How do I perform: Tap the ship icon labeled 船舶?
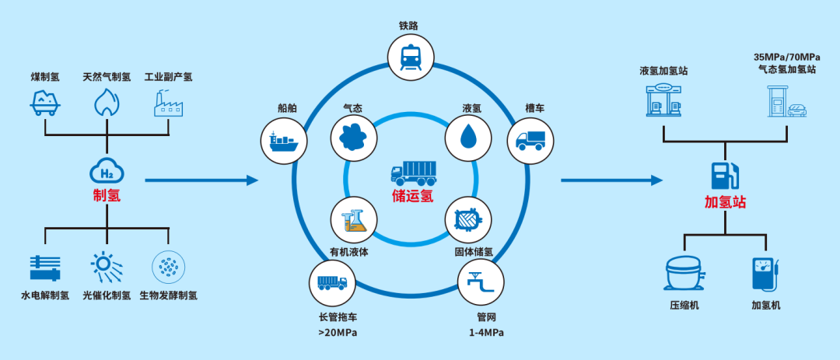click(x=282, y=141)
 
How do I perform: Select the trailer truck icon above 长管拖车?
click(x=332, y=282)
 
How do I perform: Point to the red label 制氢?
click(x=107, y=196)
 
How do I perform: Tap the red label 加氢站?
click(x=725, y=203)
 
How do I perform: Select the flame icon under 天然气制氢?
click(x=107, y=102)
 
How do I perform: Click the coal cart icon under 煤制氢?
click(x=46, y=102)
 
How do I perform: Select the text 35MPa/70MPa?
click(x=786, y=58)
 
